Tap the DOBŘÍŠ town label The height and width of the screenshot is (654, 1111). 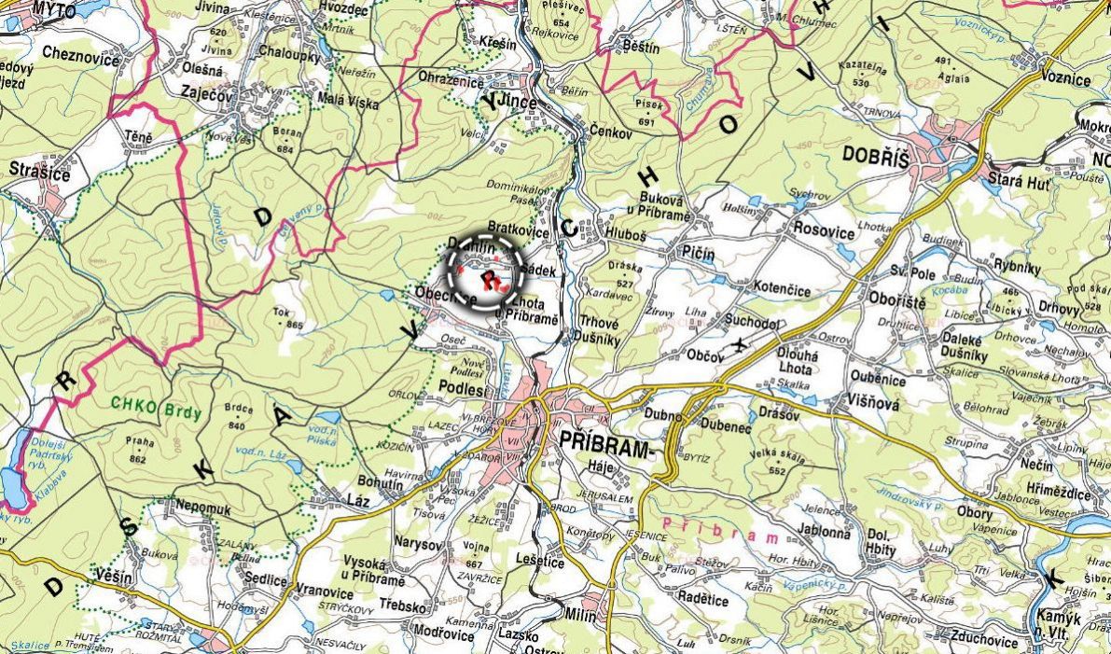874,160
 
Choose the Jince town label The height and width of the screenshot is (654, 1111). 512,103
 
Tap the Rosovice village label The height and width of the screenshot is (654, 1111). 823,227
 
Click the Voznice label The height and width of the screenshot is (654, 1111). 1065,78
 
